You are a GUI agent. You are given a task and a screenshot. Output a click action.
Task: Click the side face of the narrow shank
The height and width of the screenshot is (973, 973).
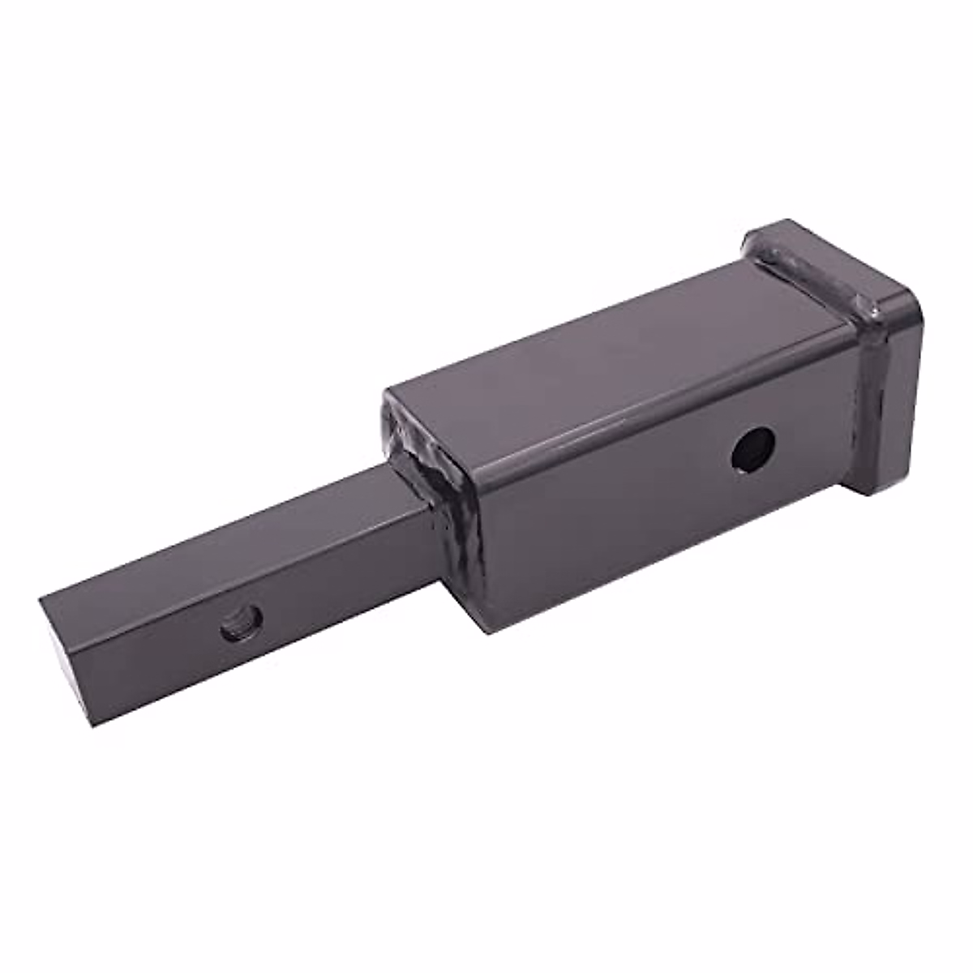pyautogui.click(x=268, y=641)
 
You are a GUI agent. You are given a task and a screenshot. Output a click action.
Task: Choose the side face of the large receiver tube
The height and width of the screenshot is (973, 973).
pyautogui.click(x=649, y=503)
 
